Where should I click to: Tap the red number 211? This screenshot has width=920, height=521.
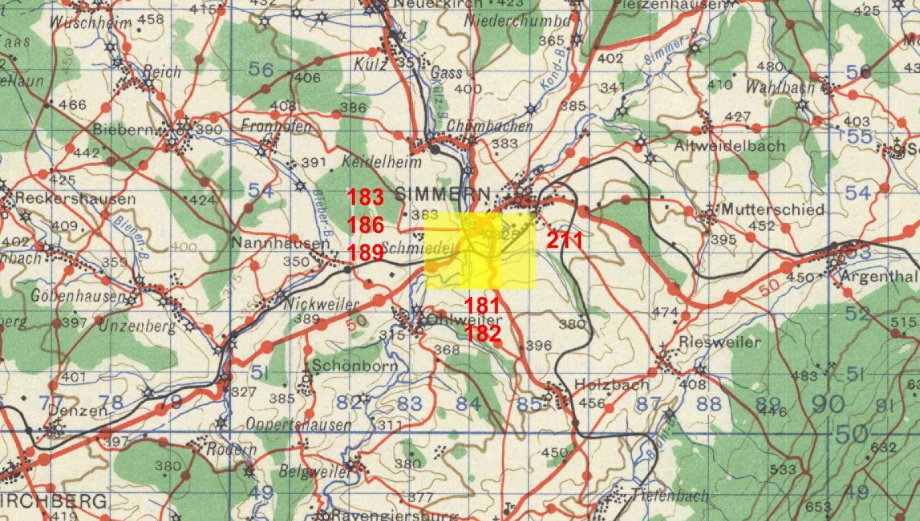565,241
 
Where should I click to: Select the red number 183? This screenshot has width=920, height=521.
365,197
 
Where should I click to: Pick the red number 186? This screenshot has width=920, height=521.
365,225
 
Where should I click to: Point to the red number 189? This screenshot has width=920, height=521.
365,252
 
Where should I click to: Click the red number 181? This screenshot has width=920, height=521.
483,305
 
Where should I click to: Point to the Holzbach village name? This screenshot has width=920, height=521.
612,385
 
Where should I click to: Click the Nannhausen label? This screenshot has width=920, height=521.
281,244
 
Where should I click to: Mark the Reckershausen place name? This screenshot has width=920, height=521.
75,198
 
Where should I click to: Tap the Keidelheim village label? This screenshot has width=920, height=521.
382,163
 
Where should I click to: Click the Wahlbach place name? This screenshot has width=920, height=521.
780,87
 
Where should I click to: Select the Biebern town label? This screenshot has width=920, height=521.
123,129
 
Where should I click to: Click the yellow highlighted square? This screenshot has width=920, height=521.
479,251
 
